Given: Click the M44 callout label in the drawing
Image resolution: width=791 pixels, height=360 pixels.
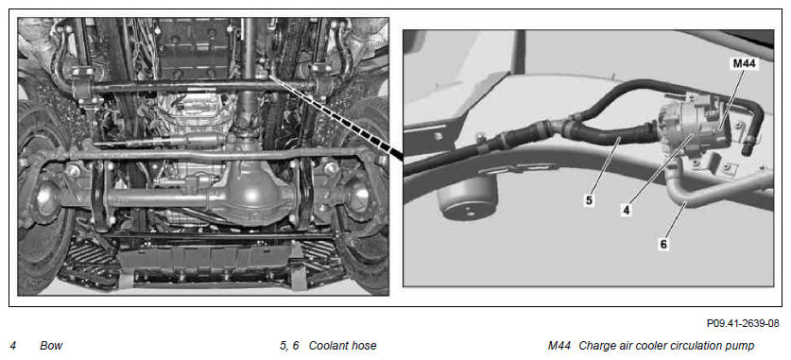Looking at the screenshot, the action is [x=744, y=64].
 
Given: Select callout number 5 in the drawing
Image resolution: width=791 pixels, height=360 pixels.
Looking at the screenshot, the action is [x=589, y=200].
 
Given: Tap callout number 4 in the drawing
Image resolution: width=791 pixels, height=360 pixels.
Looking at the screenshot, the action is [x=626, y=210].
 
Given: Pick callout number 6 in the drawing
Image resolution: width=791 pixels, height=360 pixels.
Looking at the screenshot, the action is [x=663, y=244].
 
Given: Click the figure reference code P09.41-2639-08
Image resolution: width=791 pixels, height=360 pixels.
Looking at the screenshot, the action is [x=743, y=323].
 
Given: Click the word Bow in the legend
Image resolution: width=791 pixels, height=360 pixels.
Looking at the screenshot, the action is [x=51, y=346].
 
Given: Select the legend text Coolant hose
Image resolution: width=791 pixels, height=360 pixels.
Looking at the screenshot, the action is [x=342, y=346].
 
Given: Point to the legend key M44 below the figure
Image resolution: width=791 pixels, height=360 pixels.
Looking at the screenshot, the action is [x=559, y=346].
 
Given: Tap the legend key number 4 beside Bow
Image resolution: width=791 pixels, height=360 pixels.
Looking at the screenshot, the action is [x=13, y=346].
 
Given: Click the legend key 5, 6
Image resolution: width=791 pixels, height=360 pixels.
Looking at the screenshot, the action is [x=289, y=346].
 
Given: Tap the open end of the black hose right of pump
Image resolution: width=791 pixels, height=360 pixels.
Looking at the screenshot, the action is [x=747, y=149].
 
